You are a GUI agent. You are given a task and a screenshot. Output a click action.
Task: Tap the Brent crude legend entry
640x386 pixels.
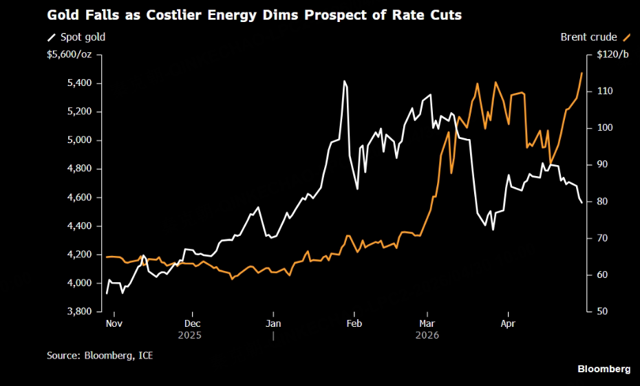coord(590,36)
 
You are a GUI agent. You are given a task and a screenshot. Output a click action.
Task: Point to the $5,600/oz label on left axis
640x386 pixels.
coord(70,54)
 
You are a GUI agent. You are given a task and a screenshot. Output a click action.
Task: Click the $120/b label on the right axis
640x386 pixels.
coord(612,54)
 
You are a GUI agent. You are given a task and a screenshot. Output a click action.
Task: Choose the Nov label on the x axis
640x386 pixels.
coord(114,323)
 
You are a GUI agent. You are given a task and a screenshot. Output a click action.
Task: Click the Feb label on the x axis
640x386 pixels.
coord(354,323)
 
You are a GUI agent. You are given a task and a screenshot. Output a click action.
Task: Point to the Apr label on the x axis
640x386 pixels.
coord(507,323)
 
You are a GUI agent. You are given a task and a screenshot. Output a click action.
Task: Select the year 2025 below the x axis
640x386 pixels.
coord(191,335)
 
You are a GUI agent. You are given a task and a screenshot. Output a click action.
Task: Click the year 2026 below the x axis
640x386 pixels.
coord(427,335)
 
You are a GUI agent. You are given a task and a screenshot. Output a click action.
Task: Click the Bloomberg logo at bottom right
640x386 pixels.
coord(604,369)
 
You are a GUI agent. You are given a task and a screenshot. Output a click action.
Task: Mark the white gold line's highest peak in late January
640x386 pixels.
coord(344,81)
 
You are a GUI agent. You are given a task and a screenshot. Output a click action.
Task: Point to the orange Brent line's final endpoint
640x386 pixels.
coord(582,73)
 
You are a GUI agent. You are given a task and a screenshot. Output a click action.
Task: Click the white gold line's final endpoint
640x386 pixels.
coord(582,202)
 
